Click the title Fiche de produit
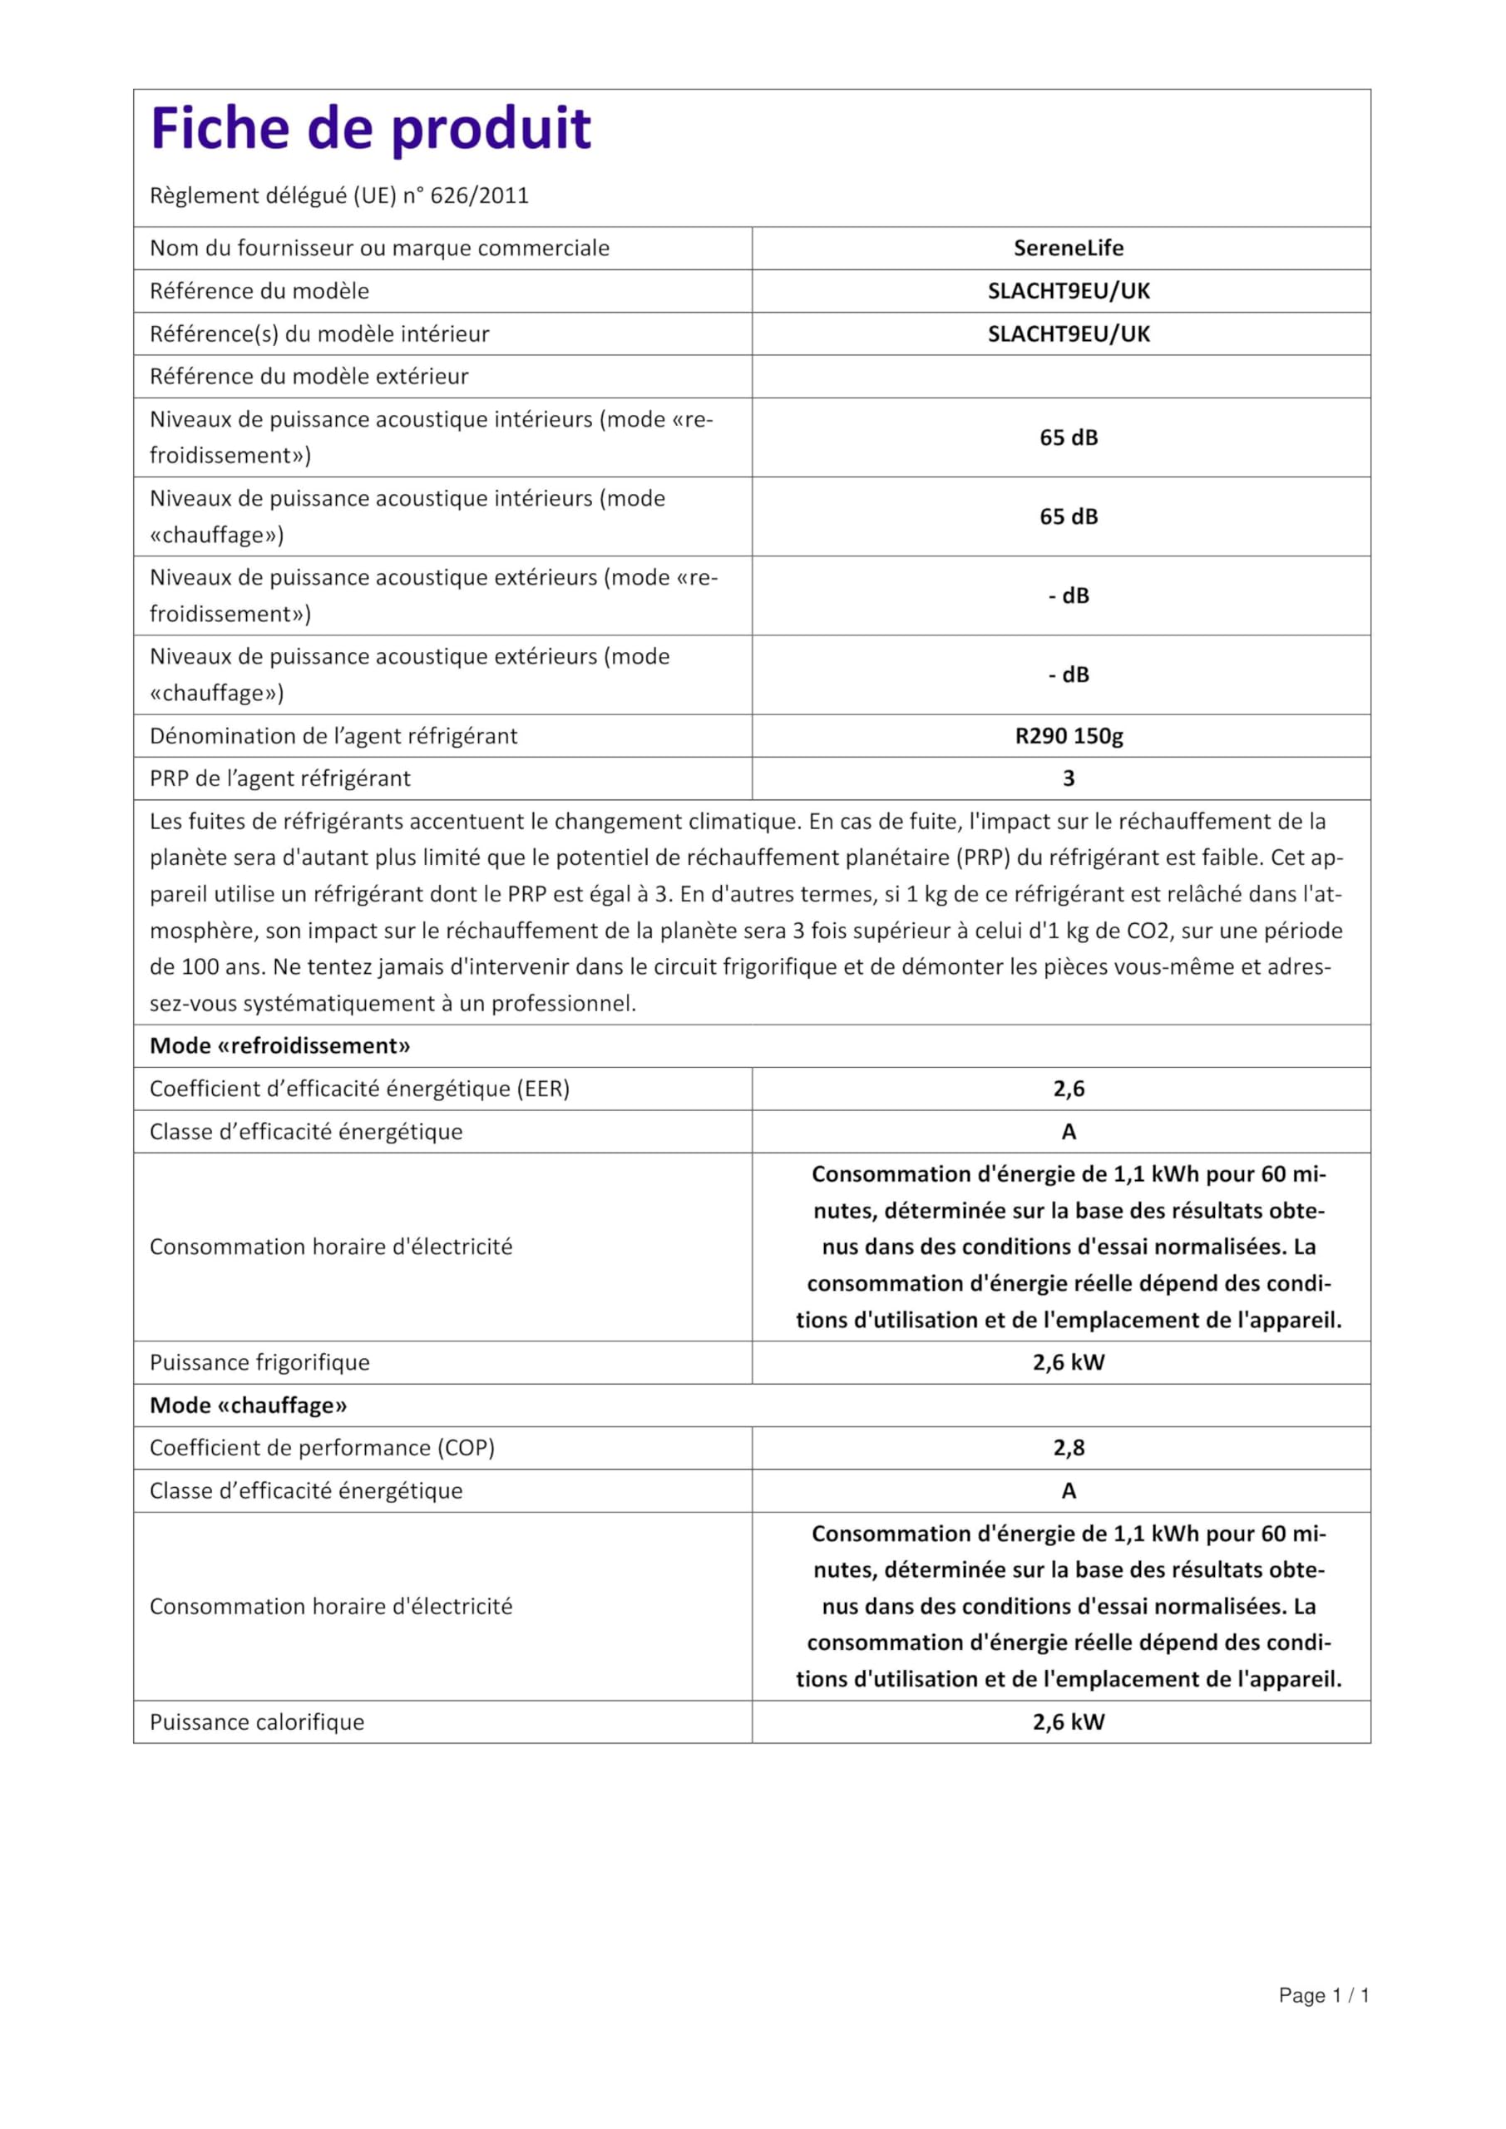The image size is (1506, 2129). [370, 128]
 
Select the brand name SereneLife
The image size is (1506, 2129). [1069, 249]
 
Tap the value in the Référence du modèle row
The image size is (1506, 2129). [1069, 291]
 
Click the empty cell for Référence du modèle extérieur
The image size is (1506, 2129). [1061, 377]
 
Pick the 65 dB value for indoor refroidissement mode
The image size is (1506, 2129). [1069, 437]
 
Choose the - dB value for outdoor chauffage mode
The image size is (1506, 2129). [1069, 675]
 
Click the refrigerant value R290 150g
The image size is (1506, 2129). [1069, 736]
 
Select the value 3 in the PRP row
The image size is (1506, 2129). [1069, 779]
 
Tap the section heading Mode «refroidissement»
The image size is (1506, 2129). [280, 1046]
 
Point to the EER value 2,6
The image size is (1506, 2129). [1069, 1089]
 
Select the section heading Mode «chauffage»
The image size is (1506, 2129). [249, 1405]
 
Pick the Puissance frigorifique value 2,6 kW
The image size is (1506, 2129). [1069, 1362]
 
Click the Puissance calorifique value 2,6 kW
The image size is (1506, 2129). [1069, 1722]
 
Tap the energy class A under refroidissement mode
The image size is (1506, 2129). [1069, 1131]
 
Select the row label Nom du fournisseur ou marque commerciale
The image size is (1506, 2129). [379, 249]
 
